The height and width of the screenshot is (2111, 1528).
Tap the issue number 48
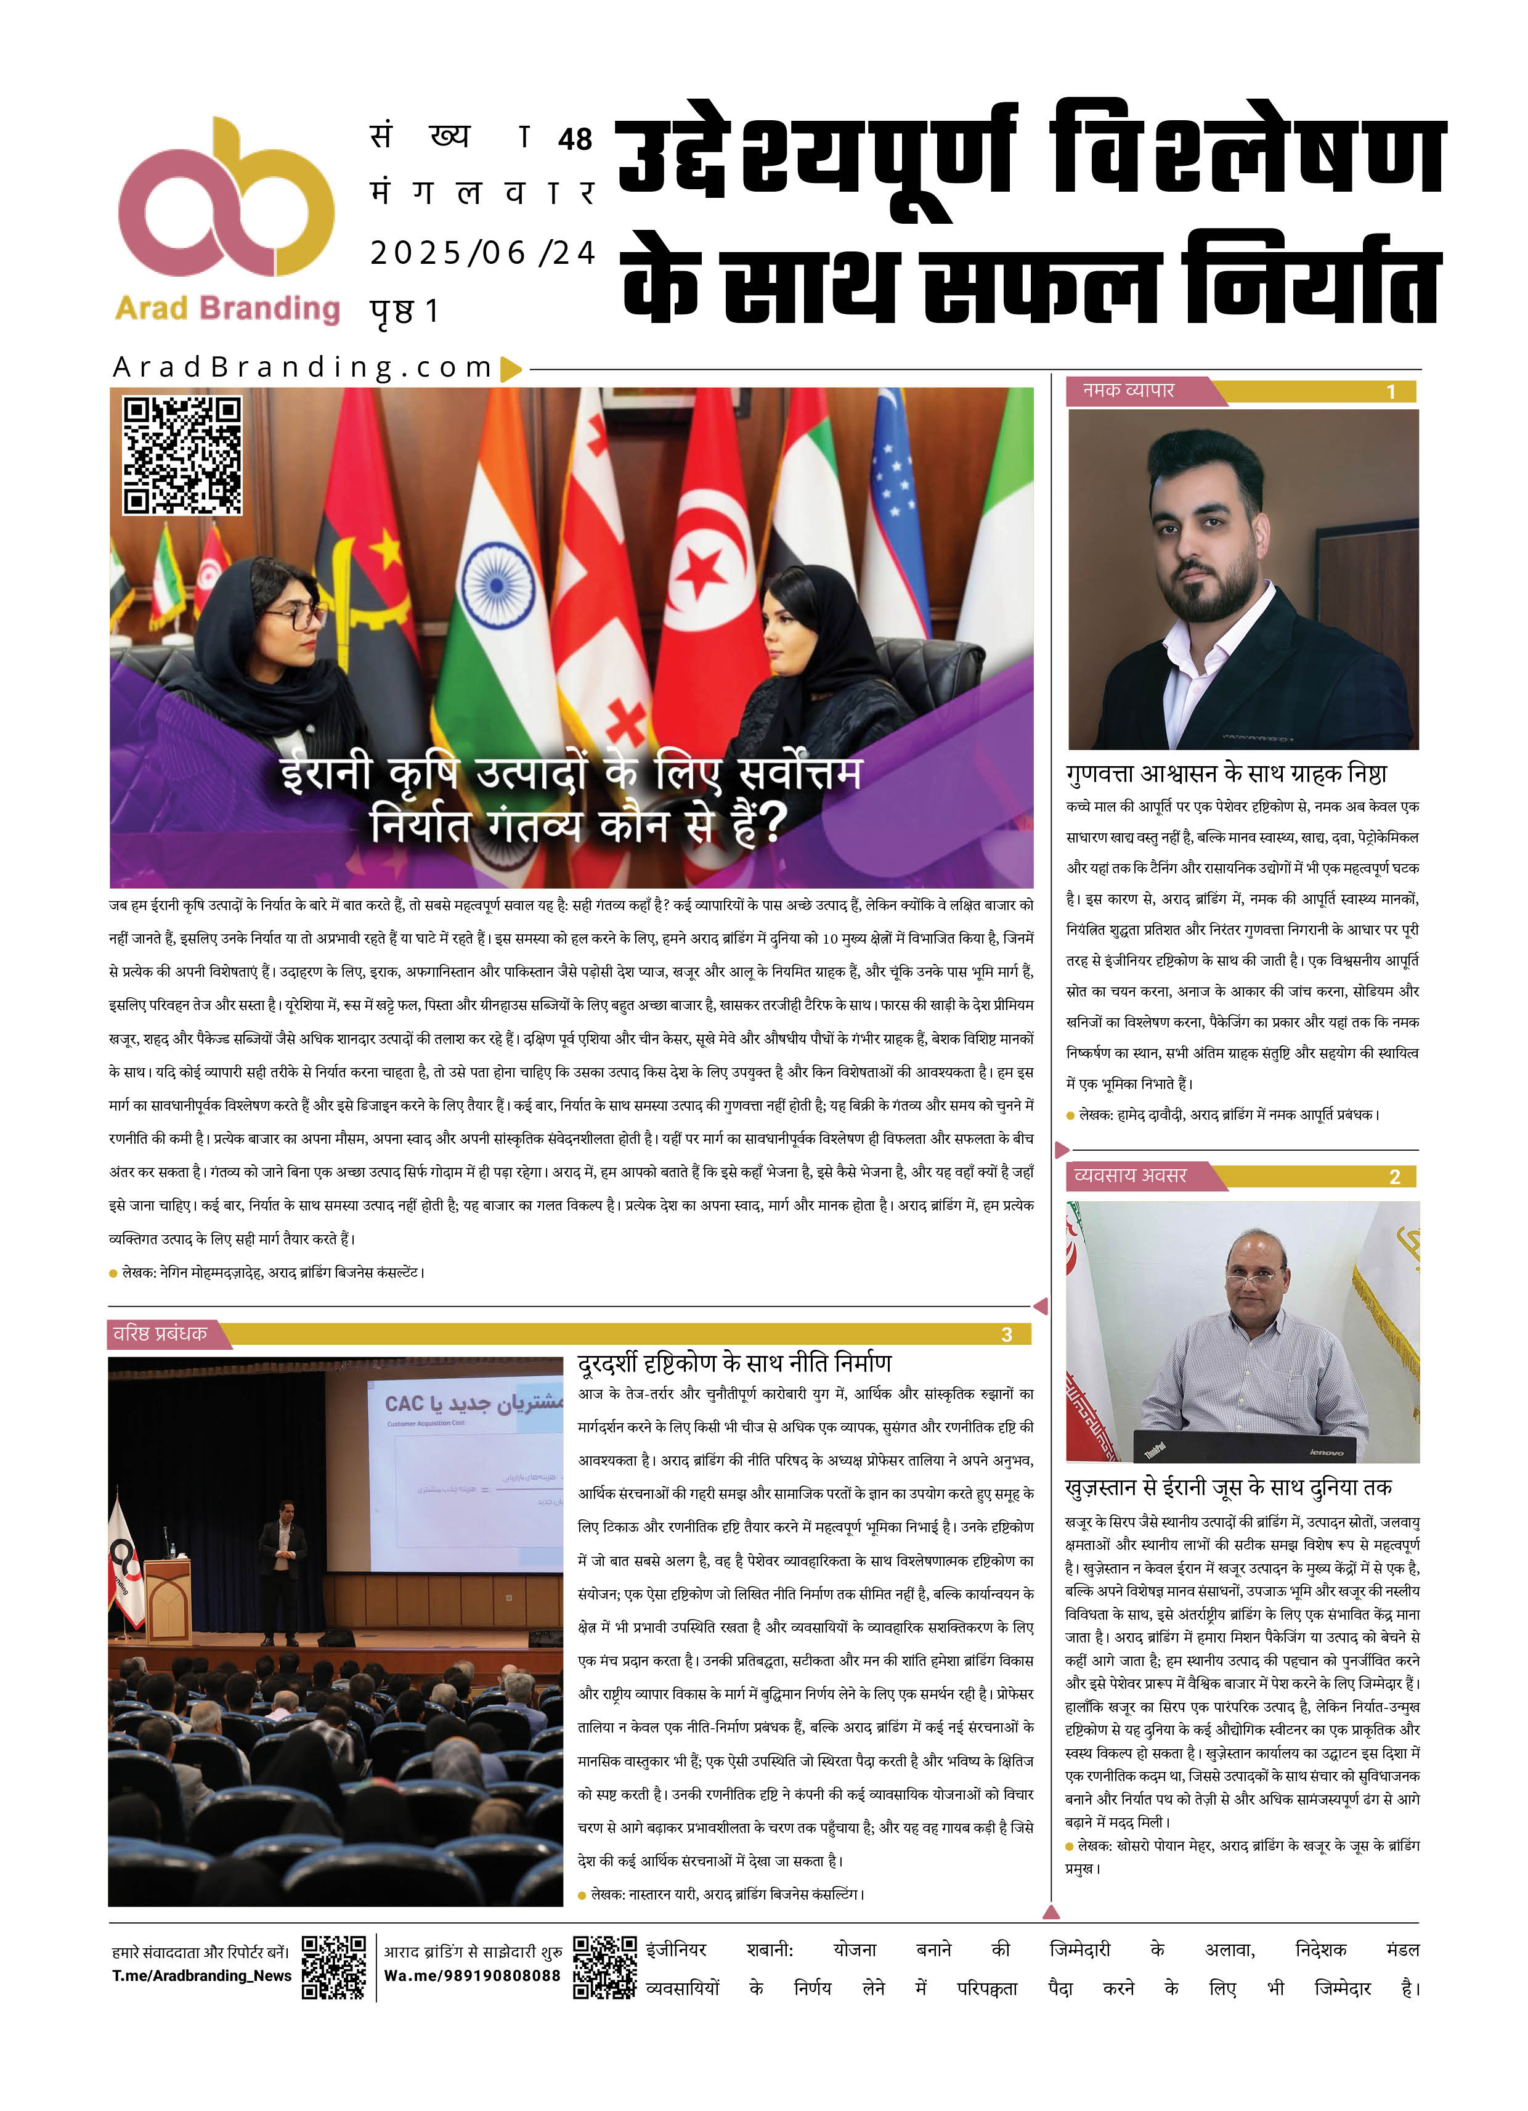coord(575,140)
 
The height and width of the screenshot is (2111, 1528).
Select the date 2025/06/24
coord(482,252)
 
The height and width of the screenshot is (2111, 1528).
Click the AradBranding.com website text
coord(303,368)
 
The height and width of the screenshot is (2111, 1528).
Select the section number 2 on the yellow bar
coord(1394,1177)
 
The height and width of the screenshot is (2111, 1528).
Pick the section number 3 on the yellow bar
coord(1006,1335)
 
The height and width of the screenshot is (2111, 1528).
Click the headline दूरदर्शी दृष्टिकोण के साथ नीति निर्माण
coord(734,1363)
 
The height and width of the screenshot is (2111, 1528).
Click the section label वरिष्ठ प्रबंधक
coord(160,1334)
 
